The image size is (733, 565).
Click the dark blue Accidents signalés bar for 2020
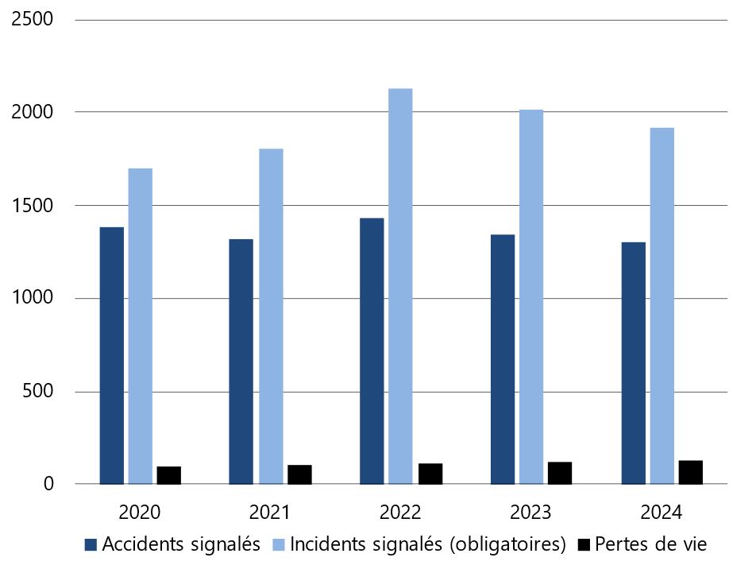pos(112,355)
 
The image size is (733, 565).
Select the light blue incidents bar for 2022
pos(401,286)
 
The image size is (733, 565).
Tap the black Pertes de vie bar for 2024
pos(690,472)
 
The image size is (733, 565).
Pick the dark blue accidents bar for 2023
pos(503,359)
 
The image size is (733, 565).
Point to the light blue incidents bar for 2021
pos(271,316)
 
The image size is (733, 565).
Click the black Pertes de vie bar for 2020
pos(168,475)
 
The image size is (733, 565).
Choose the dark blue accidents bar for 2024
pos(633,363)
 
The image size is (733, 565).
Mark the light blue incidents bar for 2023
pos(531,296)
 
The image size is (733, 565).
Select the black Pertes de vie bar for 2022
pos(430,474)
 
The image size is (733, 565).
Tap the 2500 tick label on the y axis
pos(33,19)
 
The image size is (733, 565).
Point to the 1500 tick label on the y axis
pos(33,205)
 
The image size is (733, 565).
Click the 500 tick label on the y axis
pos(39,391)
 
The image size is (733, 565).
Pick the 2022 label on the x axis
pos(401,511)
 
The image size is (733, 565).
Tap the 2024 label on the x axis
pos(662,511)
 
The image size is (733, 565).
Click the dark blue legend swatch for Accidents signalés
pos(91,544)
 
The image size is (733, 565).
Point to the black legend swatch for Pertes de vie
pos(584,544)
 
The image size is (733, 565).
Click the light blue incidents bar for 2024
pos(662,306)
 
